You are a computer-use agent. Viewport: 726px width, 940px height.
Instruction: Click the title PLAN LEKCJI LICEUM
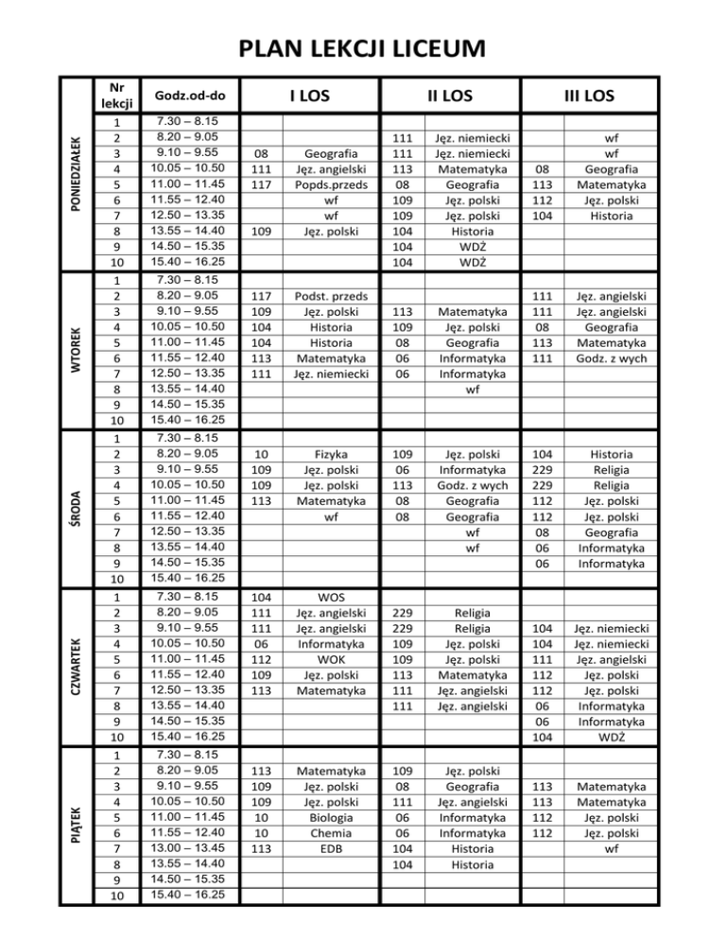coord(363,47)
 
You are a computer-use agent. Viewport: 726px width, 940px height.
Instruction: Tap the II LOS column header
coord(450,95)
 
